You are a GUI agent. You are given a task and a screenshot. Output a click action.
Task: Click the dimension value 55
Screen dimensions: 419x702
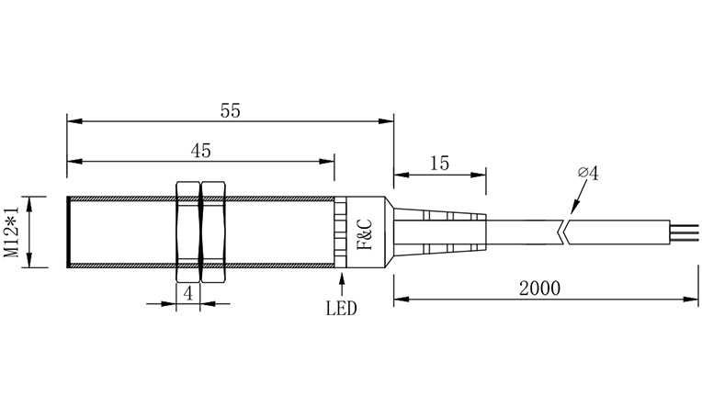point(230,110)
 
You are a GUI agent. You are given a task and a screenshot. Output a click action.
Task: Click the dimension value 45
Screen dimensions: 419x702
point(200,150)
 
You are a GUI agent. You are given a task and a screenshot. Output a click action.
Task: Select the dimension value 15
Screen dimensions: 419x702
point(438,164)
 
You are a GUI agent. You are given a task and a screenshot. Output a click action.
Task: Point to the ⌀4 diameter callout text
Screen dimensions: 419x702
point(588,173)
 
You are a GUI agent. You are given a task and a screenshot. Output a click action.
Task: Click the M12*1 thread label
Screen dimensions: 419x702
point(12,232)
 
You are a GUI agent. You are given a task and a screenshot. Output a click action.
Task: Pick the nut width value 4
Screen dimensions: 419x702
point(187,293)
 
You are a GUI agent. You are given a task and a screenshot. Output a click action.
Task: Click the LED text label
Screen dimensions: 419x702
point(341,309)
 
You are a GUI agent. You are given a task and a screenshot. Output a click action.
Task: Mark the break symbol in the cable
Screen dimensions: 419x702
point(565,232)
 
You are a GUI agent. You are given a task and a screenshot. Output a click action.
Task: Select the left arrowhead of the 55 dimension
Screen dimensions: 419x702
point(74,120)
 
